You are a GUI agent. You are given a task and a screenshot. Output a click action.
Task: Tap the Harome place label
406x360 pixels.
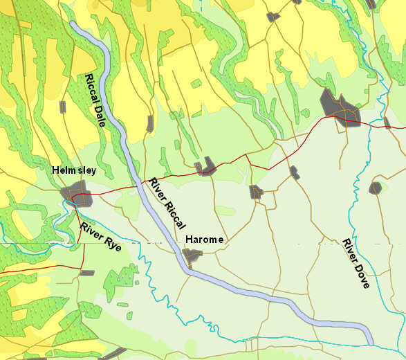click(x=204, y=240)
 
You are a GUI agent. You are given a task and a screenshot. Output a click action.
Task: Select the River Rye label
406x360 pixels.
click(x=101, y=237)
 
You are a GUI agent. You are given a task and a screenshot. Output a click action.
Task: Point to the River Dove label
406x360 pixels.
click(x=356, y=263)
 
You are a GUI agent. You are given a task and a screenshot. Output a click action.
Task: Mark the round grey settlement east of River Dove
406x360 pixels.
click(x=376, y=188)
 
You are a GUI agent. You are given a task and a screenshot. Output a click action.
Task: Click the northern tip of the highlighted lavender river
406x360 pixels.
click(x=72, y=24)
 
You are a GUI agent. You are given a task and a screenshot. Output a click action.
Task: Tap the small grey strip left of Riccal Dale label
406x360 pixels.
click(x=63, y=107)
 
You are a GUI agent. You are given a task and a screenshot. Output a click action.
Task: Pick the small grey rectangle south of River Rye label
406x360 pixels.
click(x=87, y=273)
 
